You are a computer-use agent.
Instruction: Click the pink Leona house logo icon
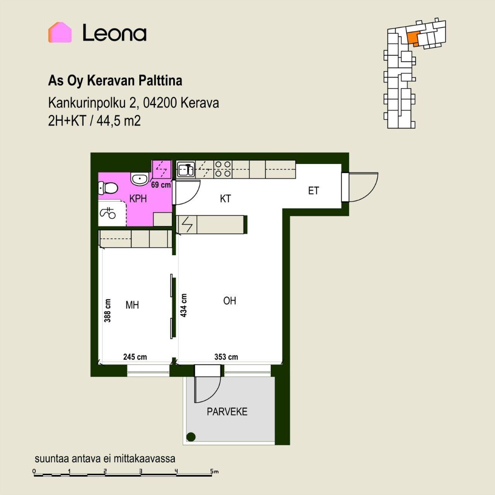pos(60,32)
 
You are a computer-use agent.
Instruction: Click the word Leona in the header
pos(114,32)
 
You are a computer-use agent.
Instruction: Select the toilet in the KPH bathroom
pos(108,188)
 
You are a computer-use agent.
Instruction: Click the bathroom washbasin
pos(140,178)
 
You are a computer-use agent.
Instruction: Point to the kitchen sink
pos(186,169)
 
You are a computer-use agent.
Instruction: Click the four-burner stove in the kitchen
pos(223,169)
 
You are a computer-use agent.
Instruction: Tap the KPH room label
pos(138,198)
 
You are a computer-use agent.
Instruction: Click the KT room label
pos(225,198)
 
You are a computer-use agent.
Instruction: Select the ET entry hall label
pos(313,191)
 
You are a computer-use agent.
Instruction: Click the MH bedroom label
pos(132,305)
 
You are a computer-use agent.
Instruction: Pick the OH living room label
pos(229,301)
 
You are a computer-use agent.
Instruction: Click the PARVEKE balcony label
pos(227,411)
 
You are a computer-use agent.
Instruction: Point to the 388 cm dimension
pos(108,310)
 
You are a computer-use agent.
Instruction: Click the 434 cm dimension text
pos(183,305)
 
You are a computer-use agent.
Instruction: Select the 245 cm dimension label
pos(135,357)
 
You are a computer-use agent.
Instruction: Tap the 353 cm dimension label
pos(226,357)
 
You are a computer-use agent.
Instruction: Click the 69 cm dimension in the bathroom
pos(161,185)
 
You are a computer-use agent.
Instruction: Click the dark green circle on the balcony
pos(191,437)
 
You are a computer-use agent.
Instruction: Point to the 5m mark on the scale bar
pos(214,471)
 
